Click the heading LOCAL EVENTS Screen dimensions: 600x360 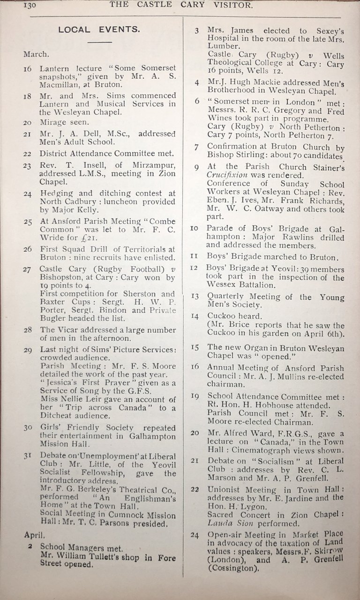tap(99, 30)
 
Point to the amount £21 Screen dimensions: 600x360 tap(94, 238)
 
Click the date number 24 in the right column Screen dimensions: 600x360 tap(196, 535)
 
